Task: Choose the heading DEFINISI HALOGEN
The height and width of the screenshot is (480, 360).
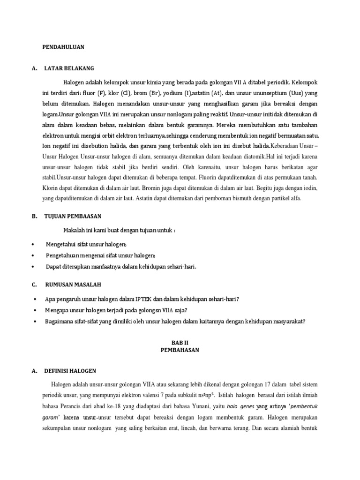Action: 70,371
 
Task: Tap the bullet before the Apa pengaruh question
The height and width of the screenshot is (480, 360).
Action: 36,299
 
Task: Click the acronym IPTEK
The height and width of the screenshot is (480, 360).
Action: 144,299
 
